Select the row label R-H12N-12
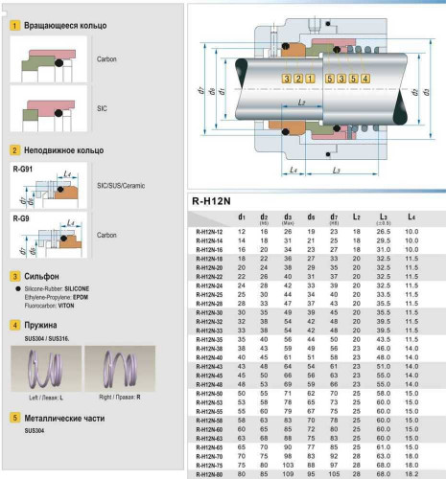click(x=208, y=232)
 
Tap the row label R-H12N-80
click(x=208, y=473)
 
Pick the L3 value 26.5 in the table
click(x=384, y=232)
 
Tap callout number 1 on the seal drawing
click(x=309, y=77)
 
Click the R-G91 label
click(x=21, y=170)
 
